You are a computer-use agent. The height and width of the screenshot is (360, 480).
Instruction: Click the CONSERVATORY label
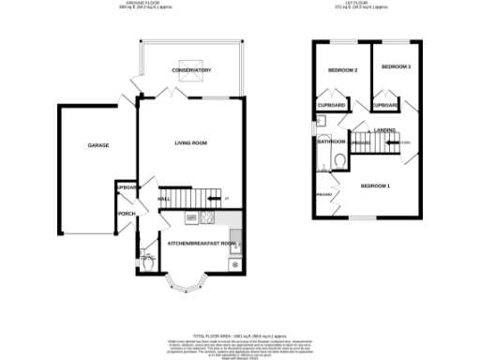point(190,71)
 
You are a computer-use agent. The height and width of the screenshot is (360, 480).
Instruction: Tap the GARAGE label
point(98,146)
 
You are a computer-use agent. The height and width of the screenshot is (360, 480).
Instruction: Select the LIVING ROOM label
point(190,143)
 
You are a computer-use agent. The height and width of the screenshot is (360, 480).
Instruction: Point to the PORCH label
point(126,214)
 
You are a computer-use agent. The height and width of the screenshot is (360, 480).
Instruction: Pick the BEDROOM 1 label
point(376,186)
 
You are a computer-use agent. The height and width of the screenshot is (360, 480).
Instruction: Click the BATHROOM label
point(331,142)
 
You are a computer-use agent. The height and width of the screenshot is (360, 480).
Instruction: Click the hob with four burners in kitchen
point(208,218)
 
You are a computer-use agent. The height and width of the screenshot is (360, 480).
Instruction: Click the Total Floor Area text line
point(240,334)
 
